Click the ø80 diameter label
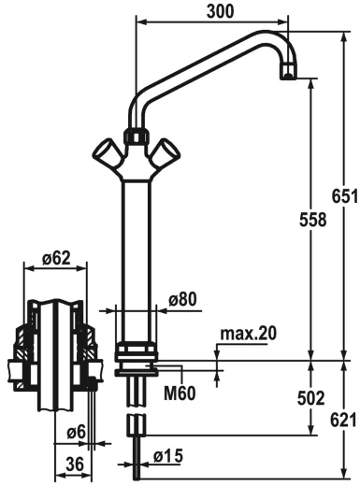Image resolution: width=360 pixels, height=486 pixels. (182, 299)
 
